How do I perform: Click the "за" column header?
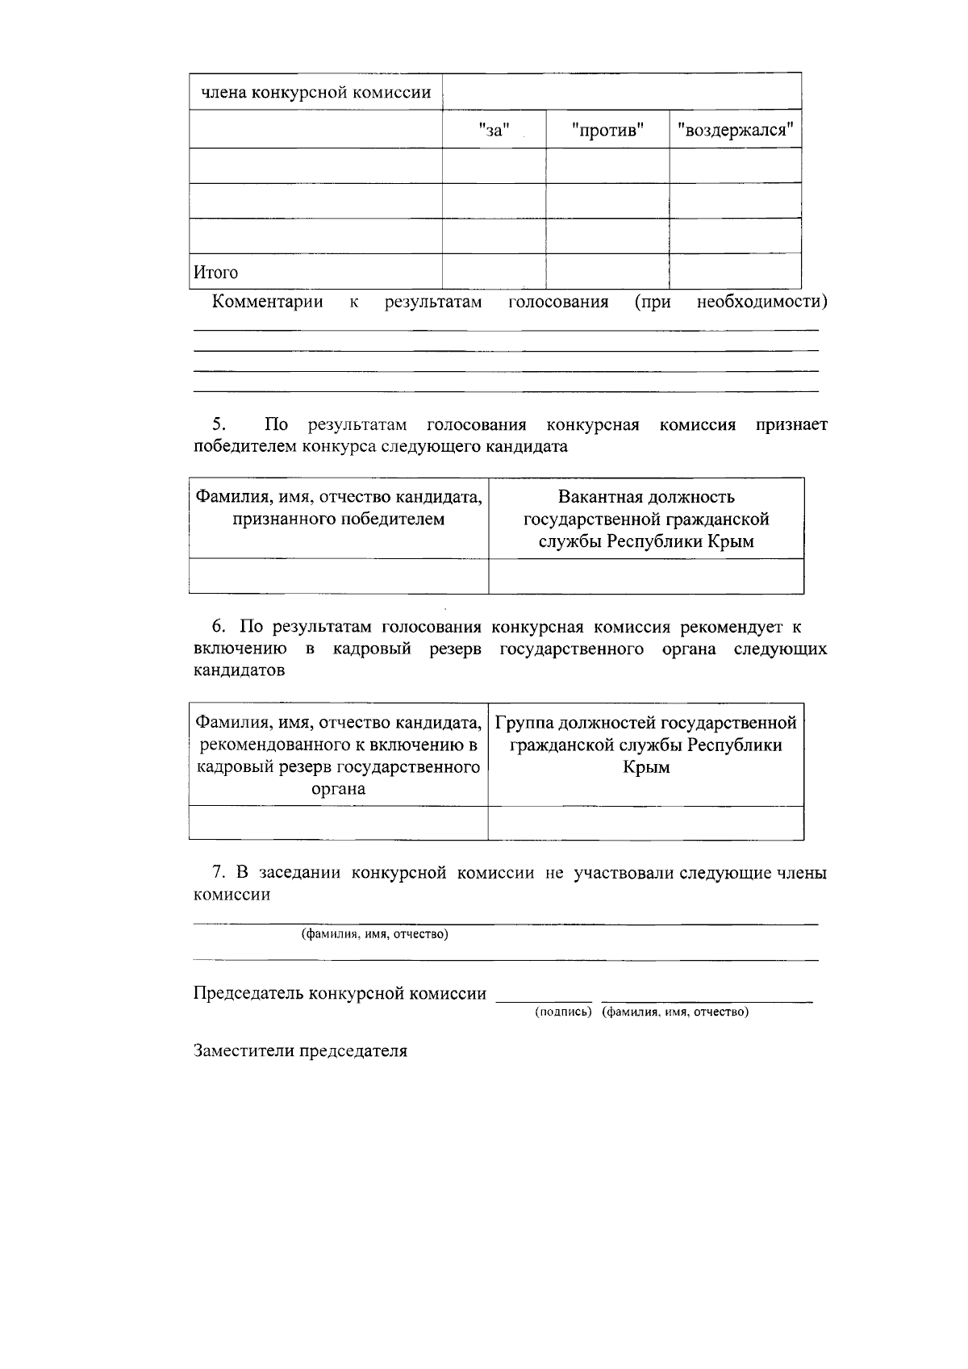pyautogui.click(x=494, y=130)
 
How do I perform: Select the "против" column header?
pyautogui.click(x=607, y=130)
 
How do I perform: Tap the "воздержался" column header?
pyautogui.click(x=735, y=130)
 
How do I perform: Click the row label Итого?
pyautogui.click(x=215, y=273)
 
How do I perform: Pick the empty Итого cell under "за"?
pyautogui.click(x=494, y=272)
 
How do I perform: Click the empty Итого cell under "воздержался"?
pyautogui.click(x=735, y=272)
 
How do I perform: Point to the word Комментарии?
pyautogui.click(x=267, y=303)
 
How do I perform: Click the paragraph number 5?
pyautogui.click(x=219, y=424)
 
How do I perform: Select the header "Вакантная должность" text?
pyautogui.click(x=646, y=497)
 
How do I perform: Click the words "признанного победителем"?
pyautogui.click(x=338, y=520)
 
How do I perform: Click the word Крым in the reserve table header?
pyautogui.click(x=646, y=767)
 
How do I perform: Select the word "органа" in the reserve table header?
pyautogui.click(x=338, y=789)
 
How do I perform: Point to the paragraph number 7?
pyautogui.click(x=218, y=872)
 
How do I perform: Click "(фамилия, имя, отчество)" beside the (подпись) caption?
pyautogui.click(x=675, y=1012)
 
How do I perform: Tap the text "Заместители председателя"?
pyautogui.click(x=300, y=1052)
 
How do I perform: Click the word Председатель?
pyautogui.click(x=248, y=994)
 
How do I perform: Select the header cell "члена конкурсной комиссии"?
pyautogui.click(x=315, y=92)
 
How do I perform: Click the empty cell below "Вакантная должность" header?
pyautogui.click(x=646, y=576)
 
